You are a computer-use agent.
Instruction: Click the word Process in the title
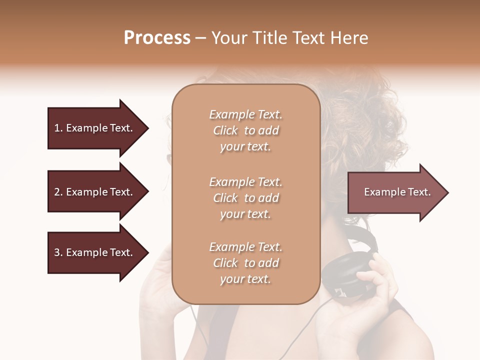(x=157, y=38)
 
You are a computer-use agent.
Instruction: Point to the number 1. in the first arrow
(x=58, y=128)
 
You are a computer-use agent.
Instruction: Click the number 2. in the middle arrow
(x=58, y=192)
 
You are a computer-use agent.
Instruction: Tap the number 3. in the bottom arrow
(x=58, y=252)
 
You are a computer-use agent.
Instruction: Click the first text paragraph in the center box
(x=245, y=130)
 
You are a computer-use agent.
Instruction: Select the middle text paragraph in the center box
(x=245, y=198)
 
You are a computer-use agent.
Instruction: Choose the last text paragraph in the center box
(x=245, y=263)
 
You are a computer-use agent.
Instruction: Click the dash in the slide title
(x=200, y=38)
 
